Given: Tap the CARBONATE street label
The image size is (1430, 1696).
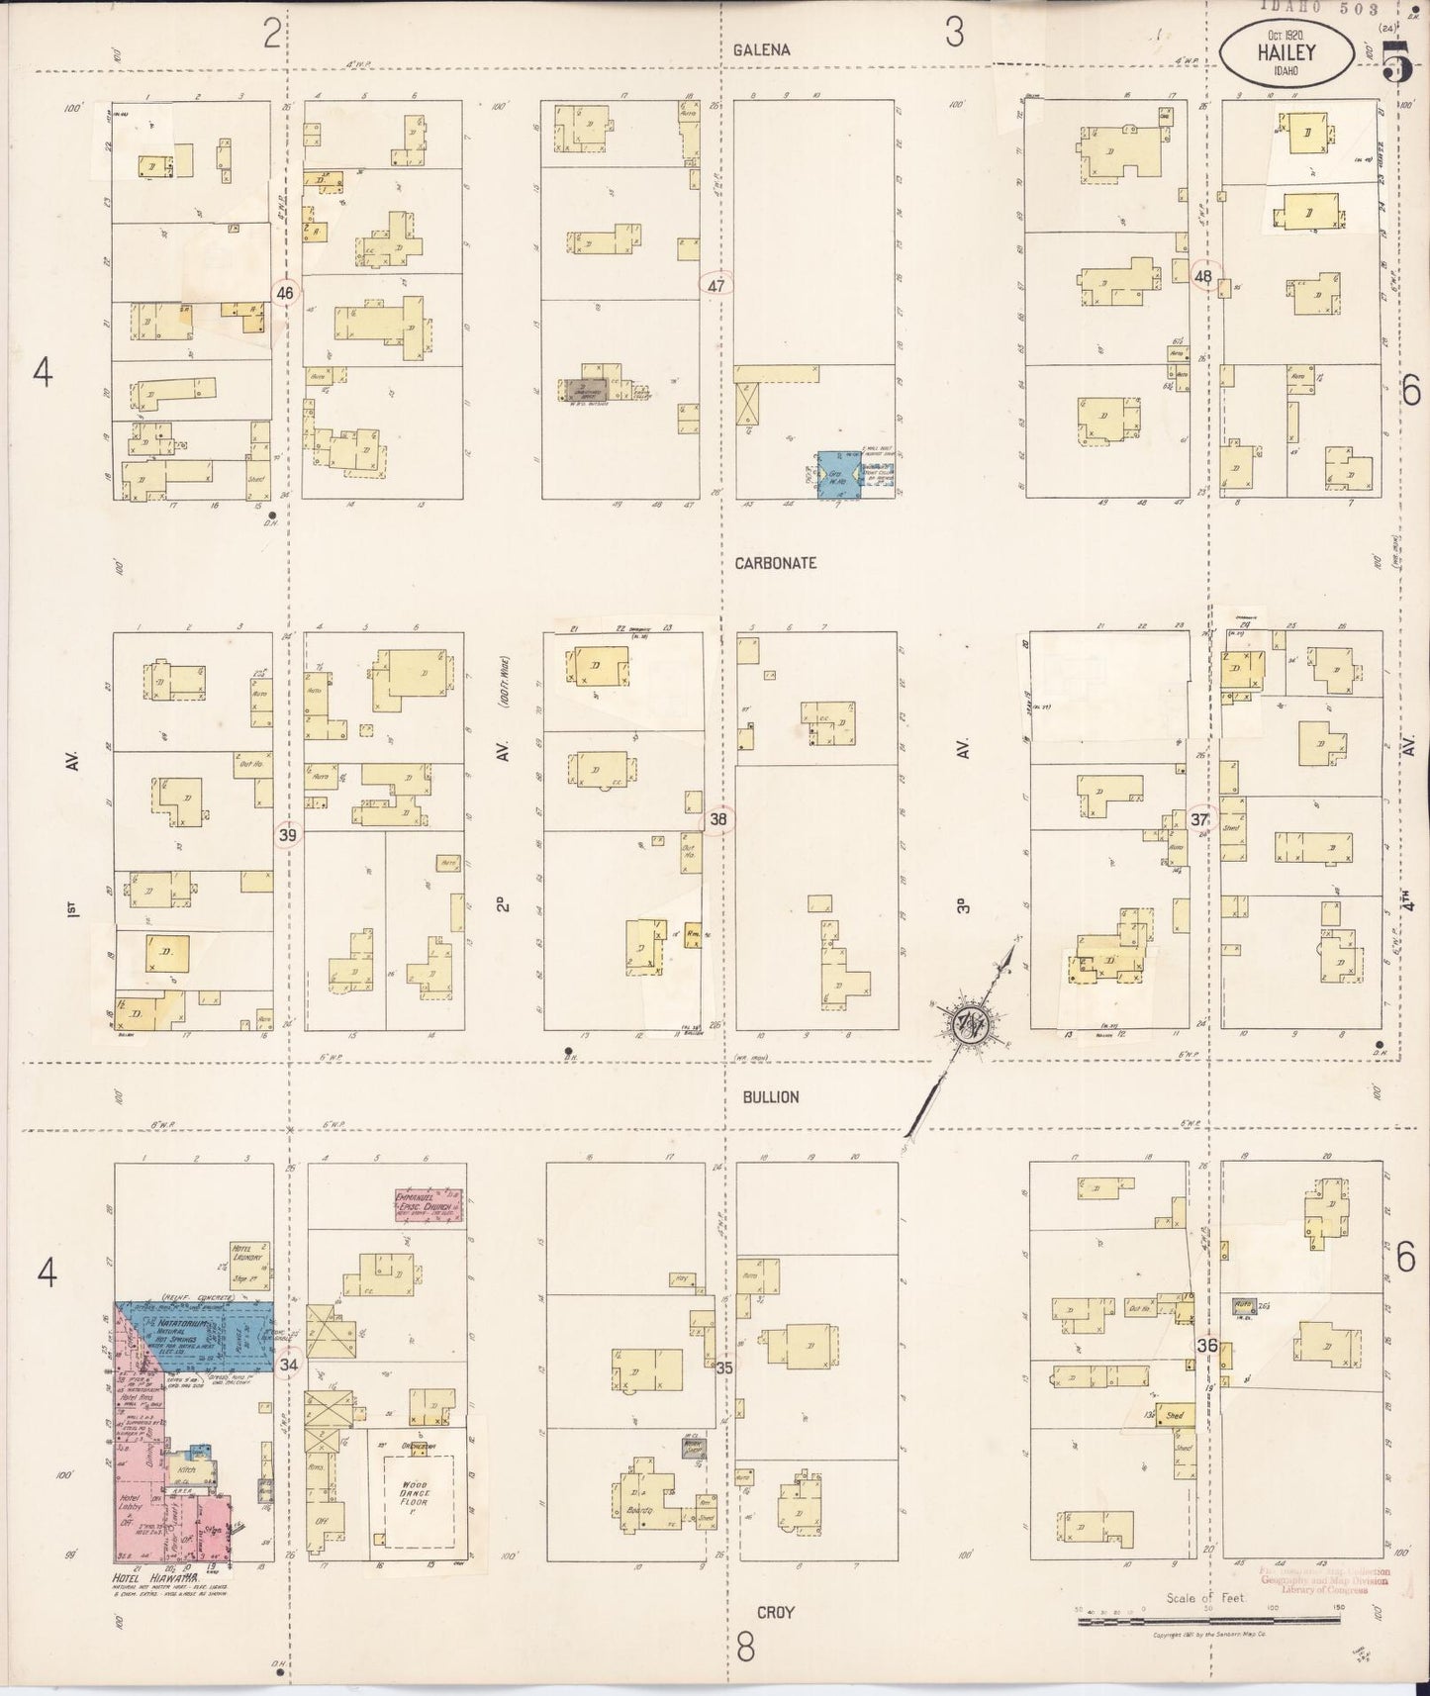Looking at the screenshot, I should point(775,562).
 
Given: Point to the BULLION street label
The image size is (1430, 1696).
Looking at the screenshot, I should point(767,1096).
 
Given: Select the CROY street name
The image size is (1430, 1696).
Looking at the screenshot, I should point(776,1612).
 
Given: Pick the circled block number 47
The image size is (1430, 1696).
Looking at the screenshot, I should point(716,286).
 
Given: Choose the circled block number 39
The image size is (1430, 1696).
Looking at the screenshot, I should point(287,835).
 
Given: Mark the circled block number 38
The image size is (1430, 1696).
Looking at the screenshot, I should point(718,819).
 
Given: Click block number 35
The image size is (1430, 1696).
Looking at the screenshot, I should point(724,1368).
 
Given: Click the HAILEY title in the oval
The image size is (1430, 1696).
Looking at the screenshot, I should point(1286,55).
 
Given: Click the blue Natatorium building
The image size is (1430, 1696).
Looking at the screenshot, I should point(198,1336).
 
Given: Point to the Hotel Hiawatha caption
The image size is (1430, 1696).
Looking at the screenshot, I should point(157,1576).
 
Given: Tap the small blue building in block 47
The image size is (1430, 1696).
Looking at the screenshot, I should point(838,475).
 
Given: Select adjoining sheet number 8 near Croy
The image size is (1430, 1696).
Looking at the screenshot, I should point(746,1649).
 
